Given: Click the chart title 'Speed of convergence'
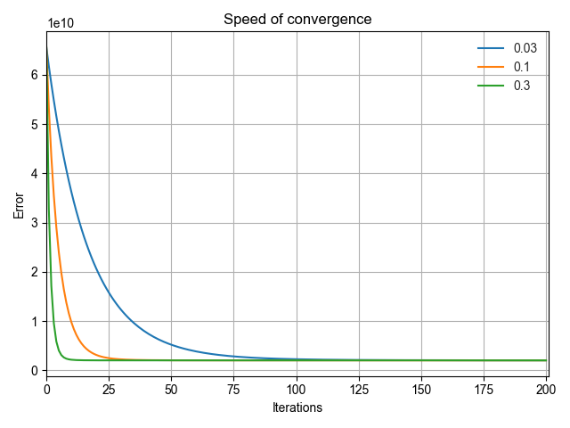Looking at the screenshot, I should coord(297,19).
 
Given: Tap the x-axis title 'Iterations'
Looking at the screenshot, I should coord(297,407).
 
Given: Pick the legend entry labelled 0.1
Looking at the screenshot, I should coord(523,67).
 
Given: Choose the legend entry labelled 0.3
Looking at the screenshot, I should coord(523,86).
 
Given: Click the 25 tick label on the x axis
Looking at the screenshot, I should coord(109,389).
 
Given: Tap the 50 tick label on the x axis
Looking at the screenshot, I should coord(171,389).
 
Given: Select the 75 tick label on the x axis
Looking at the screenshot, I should coord(234,389).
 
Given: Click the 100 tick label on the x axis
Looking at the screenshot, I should coord(297,389).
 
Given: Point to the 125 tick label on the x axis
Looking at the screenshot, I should coord(359,389).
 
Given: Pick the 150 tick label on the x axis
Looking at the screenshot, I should coord(421,389).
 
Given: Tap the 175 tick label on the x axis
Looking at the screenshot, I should coord(484,389).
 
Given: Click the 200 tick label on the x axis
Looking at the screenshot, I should coord(546,389).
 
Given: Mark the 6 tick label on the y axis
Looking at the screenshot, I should coord(34,75).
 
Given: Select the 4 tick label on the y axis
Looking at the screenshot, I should coord(34,174).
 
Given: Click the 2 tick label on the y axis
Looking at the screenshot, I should coord(34,272).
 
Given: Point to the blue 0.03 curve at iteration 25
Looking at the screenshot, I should coord(109,291).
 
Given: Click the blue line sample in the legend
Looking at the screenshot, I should coord(492,48).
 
